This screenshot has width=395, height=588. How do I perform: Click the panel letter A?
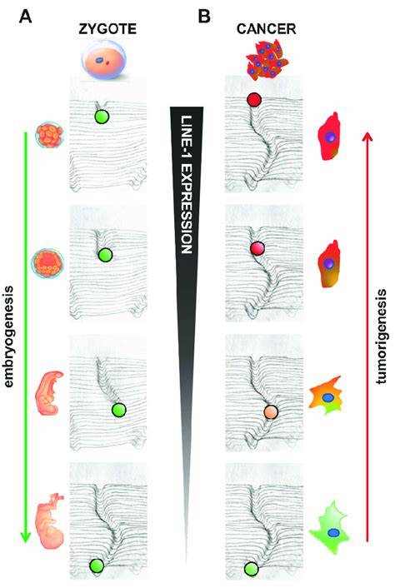26,17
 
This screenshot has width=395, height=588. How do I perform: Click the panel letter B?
204,17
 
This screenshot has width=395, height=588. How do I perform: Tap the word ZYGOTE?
107,29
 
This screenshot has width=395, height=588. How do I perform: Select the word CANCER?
267,29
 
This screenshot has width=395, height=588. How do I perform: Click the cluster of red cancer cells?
267,59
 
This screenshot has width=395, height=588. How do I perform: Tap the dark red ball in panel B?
254,100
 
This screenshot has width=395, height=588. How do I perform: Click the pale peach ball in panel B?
271,411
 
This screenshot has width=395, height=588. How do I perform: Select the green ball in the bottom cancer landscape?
251,569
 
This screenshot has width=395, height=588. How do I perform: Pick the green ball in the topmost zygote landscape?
102,117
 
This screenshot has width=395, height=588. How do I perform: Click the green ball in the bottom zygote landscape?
97,566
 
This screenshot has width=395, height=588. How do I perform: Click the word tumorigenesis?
382,336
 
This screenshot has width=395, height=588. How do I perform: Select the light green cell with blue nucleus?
330,528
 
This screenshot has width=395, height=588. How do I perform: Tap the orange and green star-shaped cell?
325,396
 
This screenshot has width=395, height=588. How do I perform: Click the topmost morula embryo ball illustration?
49,135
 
